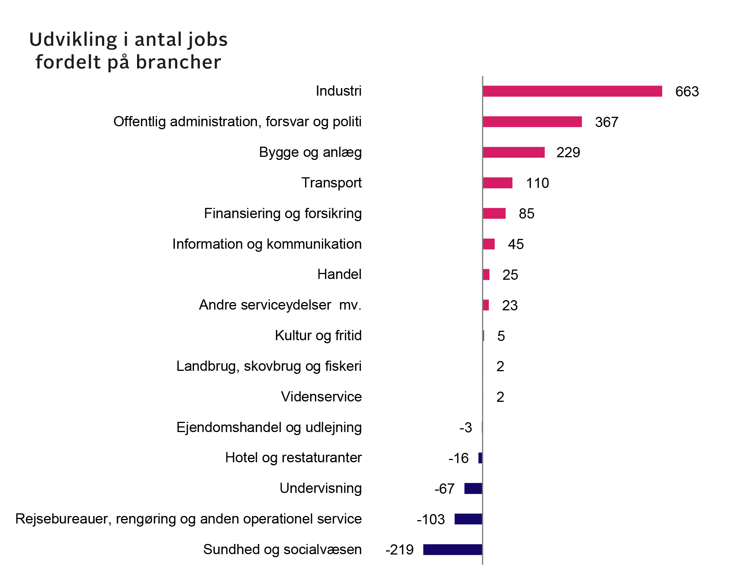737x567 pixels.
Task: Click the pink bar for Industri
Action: pos(572,91)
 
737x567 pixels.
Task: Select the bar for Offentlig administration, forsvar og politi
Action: pos(532,122)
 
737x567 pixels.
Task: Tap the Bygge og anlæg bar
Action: pos(513,152)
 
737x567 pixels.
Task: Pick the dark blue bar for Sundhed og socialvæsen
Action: pos(453,549)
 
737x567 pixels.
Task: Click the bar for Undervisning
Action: pos(473,488)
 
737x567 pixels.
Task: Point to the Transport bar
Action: pos(498,183)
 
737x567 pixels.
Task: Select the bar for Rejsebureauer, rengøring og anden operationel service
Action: pos(468,519)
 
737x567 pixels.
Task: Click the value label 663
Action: pos(687,91)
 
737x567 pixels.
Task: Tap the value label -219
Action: pos(399,550)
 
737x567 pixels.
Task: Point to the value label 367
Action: pos(606,122)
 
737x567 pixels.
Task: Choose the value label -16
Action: pos(458,458)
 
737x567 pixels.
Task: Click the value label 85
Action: pos(526,214)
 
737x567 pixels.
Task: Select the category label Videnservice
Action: pos(321,397)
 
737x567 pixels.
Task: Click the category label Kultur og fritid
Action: pos(318,335)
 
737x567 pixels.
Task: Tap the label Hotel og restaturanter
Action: pos(293,457)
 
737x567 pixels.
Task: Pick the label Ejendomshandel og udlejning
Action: pos(269,427)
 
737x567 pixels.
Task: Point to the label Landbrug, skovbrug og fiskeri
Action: pos(269,366)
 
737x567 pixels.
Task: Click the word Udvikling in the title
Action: pos(73,39)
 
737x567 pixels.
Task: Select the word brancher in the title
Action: pos(178,62)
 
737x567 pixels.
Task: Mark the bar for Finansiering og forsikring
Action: pos(494,214)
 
